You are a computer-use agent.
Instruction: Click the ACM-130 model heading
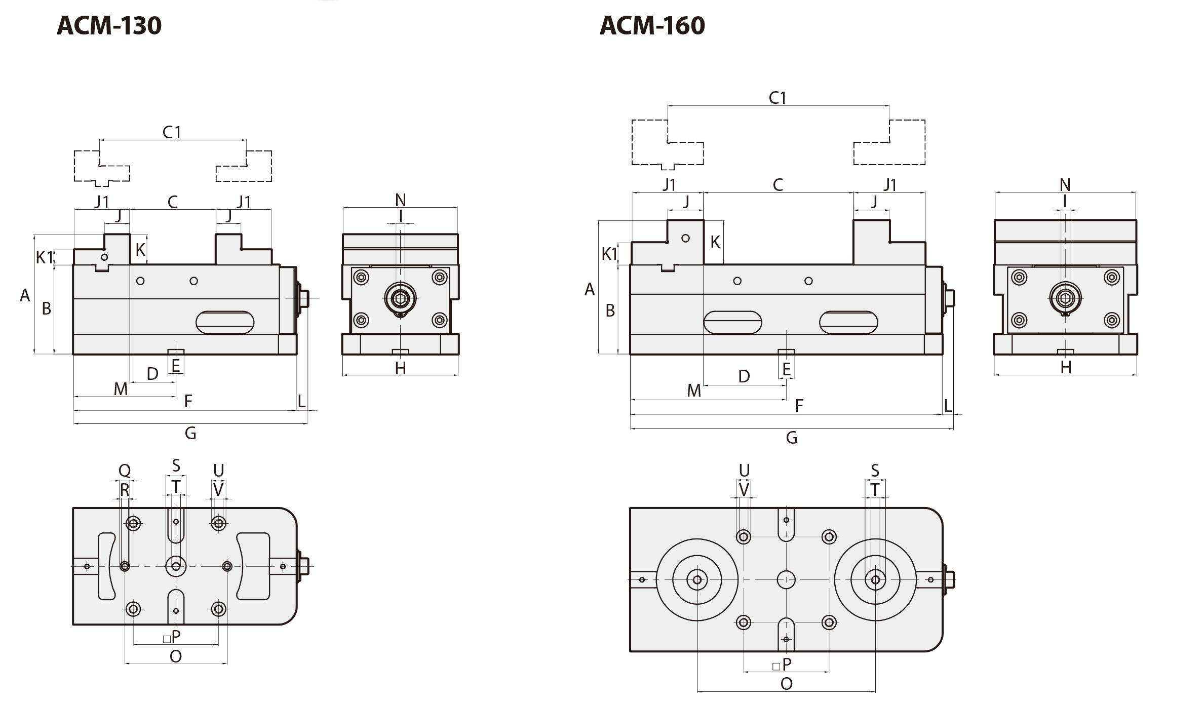click(x=109, y=25)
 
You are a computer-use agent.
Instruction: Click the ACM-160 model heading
click(x=652, y=25)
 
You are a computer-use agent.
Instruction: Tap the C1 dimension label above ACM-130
click(x=172, y=132)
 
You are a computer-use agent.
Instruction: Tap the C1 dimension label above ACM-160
click(x=778, y=98)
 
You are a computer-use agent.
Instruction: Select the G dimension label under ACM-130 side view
click(x=190, y=433)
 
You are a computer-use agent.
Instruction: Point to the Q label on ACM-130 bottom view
click(x=125, y=471)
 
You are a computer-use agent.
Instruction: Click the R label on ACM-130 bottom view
click(x=125, y=490)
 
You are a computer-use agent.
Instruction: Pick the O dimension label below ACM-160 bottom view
click(x=786, y=684)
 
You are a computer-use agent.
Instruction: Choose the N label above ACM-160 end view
click(x=1065, y=185)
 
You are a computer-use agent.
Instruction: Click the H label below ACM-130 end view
click(x=400, y=368)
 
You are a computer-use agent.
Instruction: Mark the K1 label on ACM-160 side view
click(x=609, y=254)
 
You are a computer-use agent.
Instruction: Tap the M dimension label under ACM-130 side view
click(x=121, y=389)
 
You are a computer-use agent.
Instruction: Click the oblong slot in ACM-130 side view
click(x=225, y=322)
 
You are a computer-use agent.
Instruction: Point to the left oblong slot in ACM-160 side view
click(x=732, y=322)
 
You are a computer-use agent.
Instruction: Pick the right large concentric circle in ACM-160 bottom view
click(x=875, y=579)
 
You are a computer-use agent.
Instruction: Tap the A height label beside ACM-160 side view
click(x=589, y=290)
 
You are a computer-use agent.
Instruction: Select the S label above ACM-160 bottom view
click(x=875, y=471)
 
